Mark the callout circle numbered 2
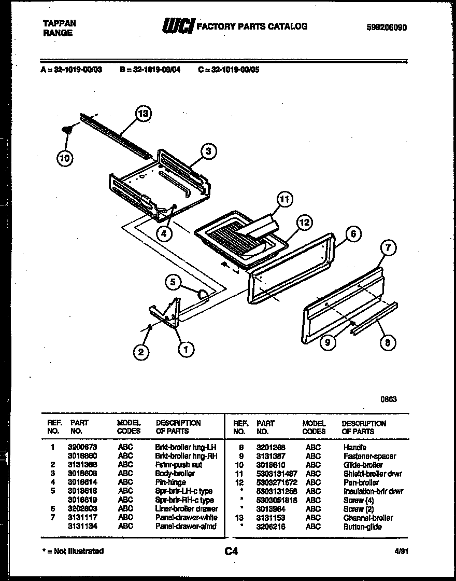point(140,353)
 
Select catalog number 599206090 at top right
point(382,27)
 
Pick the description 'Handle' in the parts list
point(354,447)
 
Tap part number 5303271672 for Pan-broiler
point(277,482)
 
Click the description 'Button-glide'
point(362,527)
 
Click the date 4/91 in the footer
point(406,551)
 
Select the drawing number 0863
point(389,399)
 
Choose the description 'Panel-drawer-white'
point(186,518)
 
